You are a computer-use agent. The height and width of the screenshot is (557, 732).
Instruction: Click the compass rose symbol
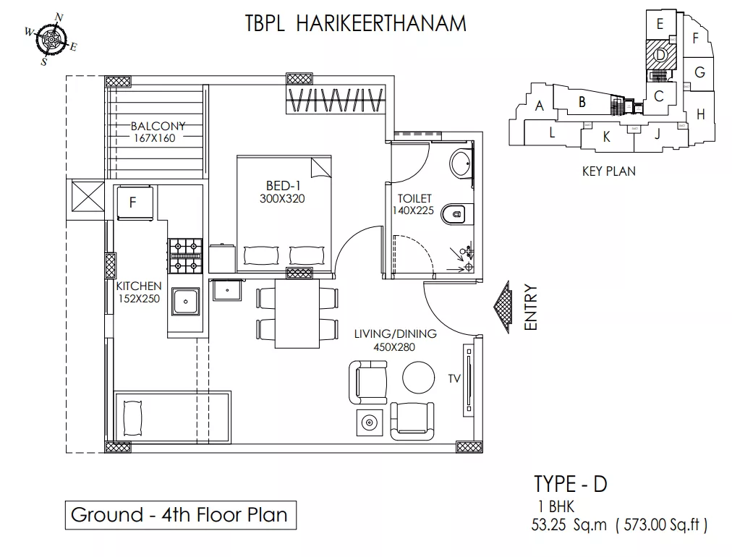pos(51,39)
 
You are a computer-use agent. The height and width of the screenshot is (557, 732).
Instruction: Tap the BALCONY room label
pos(158,126)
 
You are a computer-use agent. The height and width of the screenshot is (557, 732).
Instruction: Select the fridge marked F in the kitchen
pos(135,203)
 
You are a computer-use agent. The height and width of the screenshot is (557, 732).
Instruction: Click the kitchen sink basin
pos(185,301)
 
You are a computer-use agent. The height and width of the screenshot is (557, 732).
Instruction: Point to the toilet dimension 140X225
pos(413,211)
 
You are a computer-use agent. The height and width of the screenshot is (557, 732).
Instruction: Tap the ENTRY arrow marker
pos(502,307)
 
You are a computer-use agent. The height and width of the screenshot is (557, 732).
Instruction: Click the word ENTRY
pos(531,307)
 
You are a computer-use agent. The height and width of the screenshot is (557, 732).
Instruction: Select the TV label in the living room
pos(454,378)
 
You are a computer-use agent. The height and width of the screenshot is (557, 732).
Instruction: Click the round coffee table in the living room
pos(418,378)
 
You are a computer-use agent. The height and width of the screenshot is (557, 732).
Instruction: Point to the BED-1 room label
pos(283,186)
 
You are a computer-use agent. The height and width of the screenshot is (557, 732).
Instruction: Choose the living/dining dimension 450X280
pos(394,347)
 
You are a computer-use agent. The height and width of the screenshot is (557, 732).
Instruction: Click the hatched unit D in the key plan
pos(660,55)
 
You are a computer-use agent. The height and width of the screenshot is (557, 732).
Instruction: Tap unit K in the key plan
pos(606,137)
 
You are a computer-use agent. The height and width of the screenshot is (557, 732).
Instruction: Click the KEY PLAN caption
pos(609,171)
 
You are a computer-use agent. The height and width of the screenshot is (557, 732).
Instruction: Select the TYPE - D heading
pos(571,484)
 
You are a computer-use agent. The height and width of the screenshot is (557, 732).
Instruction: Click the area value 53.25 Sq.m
pos(569,525)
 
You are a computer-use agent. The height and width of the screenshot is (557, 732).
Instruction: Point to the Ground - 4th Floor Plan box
pos(181,515)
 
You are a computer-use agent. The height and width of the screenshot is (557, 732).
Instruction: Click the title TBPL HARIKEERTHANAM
pos(356,23)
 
